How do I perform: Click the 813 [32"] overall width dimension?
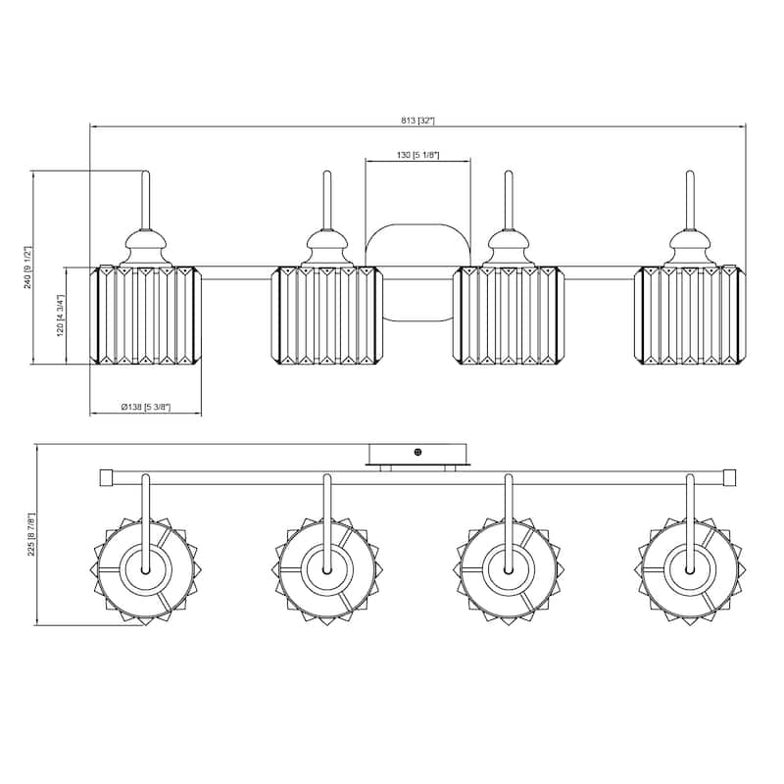click(417, 121)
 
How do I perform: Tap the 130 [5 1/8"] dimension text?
click(417, 156)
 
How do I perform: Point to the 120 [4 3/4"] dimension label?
click(61, 316)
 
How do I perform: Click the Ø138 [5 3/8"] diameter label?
click(145, 407)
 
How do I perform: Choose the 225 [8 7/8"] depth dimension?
click(31, 535)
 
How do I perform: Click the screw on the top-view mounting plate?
click(418, 453)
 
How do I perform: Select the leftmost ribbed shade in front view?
click(145, 316)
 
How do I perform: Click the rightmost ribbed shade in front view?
click(689, 316)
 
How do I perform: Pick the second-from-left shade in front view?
click(326, 316)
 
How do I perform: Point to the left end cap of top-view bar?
click(107, 477)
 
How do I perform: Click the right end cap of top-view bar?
click(729, 477)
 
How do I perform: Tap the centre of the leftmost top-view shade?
click(145, 567)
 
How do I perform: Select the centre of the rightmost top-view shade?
click(689, 567)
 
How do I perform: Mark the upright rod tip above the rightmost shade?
click(689, 176)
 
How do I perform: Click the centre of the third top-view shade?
click(509, 567)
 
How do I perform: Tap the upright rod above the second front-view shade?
click(326, 201)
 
